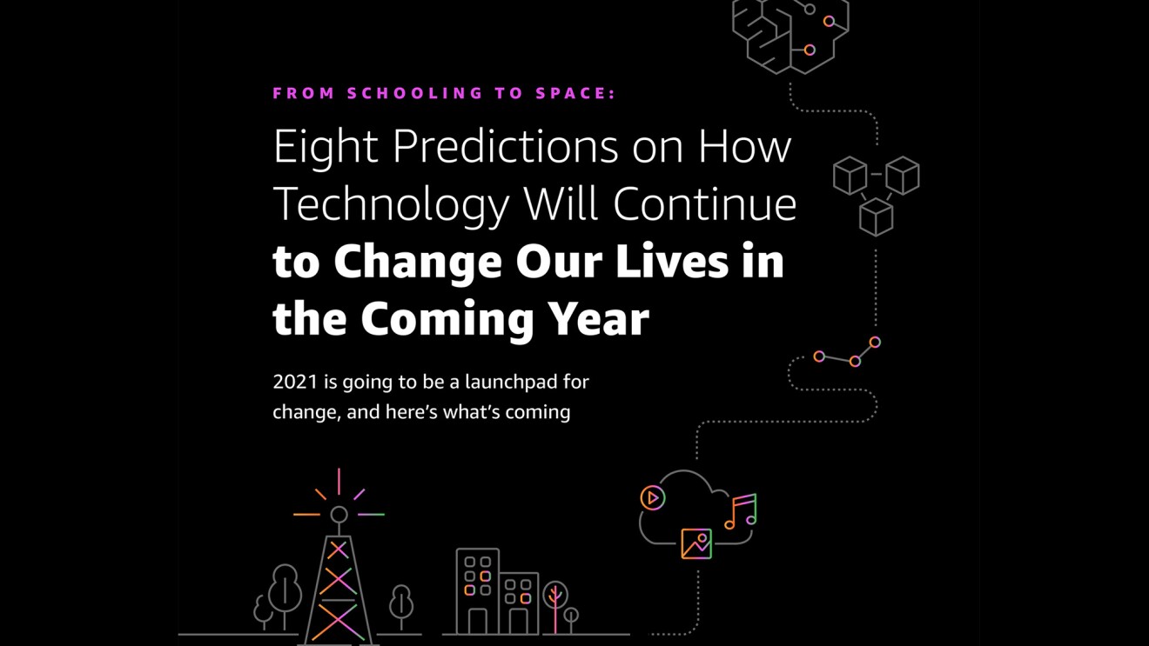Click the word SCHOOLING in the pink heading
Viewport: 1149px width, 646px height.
[x=415, y=93]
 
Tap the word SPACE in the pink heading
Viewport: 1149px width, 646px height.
[x=571, y=93]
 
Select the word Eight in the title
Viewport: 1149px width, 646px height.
[x=326, y=148]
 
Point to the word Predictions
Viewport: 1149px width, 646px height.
[x=505, y=146]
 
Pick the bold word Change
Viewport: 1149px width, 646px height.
[x=418, y=263]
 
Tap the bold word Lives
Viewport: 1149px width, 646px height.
[x=671, y=261]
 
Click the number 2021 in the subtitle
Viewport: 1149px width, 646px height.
[x=295, y=382]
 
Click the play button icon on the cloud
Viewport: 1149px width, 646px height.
[x=653, y=497]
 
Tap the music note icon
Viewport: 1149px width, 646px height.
[x=741, y=511]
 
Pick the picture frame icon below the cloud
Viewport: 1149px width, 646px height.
[x=696, y=543]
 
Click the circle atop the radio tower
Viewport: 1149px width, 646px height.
[x=339, y=515]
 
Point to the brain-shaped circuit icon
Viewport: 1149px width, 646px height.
[x=790, y=36]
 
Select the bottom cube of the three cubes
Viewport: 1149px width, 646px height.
[x=876, y=217]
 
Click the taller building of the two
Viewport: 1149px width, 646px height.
[x=478, y=592]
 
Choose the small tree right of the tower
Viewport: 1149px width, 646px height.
[x=401, y=607]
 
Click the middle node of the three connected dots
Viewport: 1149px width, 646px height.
[x=855, y=362]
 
